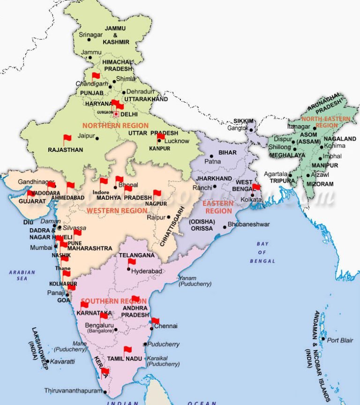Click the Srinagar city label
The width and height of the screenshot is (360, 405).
click(x=90, y=35)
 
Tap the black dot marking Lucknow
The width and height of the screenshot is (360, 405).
click(x=159, y=141)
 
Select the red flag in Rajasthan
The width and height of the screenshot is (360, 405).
click(x=67, y=139)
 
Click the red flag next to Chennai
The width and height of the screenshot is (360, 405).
click(x=155, y=322)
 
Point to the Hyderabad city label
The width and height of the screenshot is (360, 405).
click(x=147, y=271)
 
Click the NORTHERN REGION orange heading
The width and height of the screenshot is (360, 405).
click(x=115, y=126)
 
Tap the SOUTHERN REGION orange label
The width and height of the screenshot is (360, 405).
click(x=107, y=301)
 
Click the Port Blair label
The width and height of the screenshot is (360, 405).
click(x=340, y=340)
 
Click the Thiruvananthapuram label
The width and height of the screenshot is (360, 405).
click(x=73, y=390)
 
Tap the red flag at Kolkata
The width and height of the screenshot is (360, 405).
click(x=256, y=187)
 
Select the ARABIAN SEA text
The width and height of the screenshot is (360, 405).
click(x=22, y=275)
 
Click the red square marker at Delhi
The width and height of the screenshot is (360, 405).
click(x=116, y=113)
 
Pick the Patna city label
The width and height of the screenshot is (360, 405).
click(x=212, y=161)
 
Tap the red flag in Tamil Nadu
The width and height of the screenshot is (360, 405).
click(x=127, y=350)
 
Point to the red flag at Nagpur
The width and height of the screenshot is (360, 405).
click(x=157, y=193)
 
